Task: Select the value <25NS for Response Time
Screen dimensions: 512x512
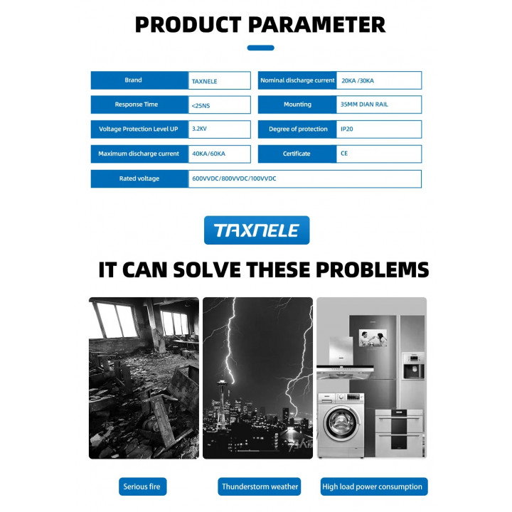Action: (201, 106)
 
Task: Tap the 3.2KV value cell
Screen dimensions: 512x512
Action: (220, 129)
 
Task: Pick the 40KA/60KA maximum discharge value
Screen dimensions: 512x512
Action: (208, 154)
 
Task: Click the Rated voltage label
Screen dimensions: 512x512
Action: (139, 178)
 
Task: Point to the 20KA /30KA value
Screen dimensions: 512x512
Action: (358, 80)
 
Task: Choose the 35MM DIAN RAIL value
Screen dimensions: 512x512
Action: (364, 105)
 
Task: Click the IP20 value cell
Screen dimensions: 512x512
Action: (379, 129)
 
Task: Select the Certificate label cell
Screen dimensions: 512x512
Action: (297, 154)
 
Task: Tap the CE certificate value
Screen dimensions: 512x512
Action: (344, 154)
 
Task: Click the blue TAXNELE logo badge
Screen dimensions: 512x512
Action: (257, 230)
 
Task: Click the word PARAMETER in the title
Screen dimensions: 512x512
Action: (316, 25)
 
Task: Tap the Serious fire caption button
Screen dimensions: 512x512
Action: (143, 486)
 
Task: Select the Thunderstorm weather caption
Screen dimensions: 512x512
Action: (260, 486)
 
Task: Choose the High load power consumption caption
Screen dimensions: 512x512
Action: (374, 486)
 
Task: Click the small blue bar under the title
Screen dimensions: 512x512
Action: (260, 48)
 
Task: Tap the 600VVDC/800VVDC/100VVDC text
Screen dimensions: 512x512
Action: (234, 178)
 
